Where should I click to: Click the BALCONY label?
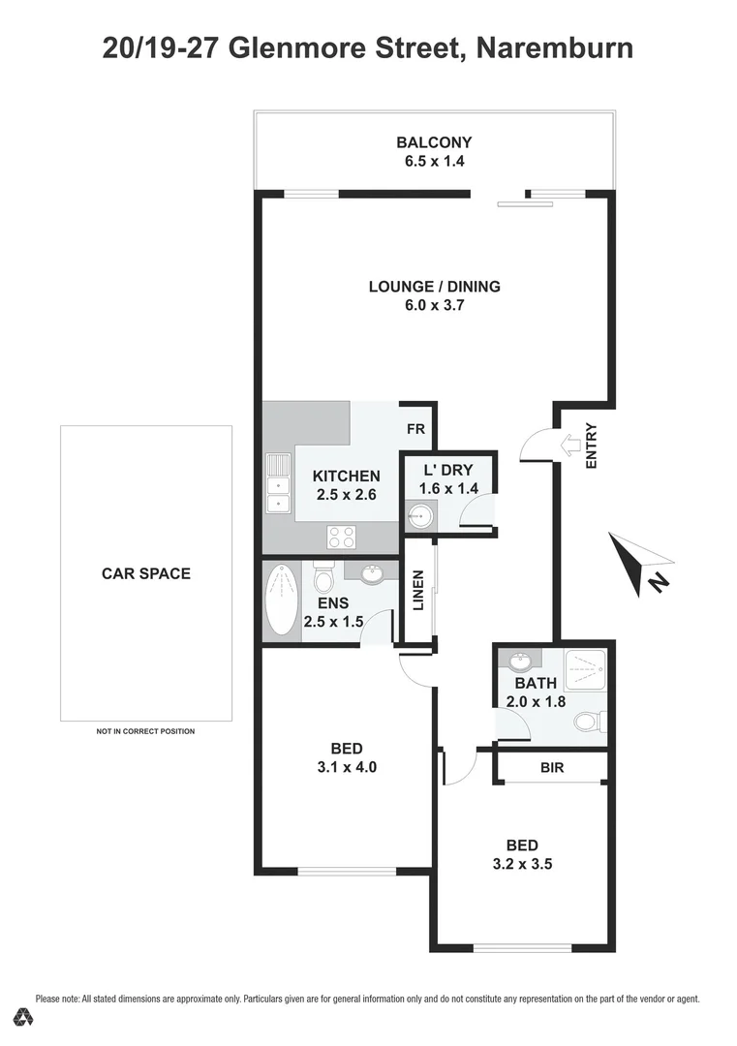(434, 141)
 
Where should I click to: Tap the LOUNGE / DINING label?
(434, 286)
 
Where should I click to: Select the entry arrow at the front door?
(570, 446)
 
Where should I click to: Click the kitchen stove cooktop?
(341, 535)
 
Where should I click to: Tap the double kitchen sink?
(278, 481)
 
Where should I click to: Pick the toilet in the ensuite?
(324, 578)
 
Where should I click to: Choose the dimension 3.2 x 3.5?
(521, 864)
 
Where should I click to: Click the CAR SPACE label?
(146, 572)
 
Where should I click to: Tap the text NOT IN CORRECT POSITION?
(146, 731)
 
